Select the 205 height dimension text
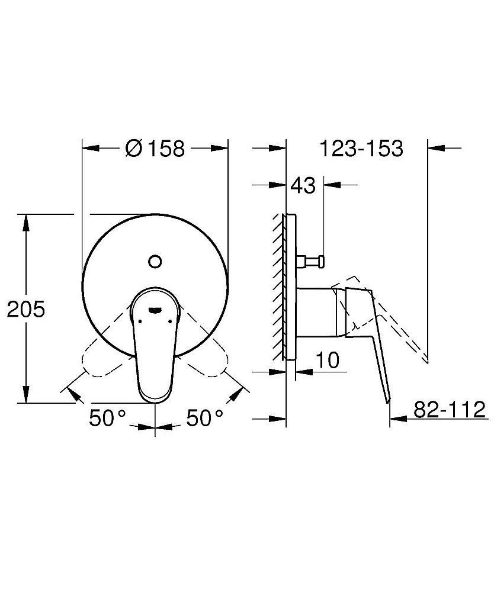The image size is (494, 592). click(25, 310)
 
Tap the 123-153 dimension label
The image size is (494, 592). click(361, 149)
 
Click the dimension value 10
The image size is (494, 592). click(326, 360)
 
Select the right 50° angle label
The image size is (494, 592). click(205, 419)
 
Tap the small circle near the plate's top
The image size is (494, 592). click(155, 260)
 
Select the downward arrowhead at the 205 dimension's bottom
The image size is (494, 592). click(25, 397)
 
